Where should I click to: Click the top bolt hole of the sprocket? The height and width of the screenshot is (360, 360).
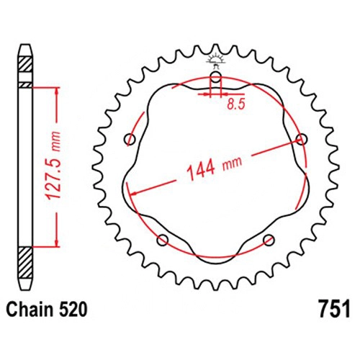pos(215,77)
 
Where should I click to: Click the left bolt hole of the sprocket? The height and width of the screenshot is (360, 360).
pos(130,139)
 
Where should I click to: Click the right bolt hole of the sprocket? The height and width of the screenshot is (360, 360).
pos(302,139)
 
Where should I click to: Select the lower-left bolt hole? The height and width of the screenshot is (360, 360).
pos(163,240)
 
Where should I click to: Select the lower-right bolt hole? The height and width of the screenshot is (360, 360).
pos(269,240)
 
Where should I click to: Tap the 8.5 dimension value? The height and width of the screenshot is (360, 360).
pos(235,104)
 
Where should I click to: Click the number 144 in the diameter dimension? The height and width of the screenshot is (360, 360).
pos(202,169)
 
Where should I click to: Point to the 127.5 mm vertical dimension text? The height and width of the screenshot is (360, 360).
pos(53,166)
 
